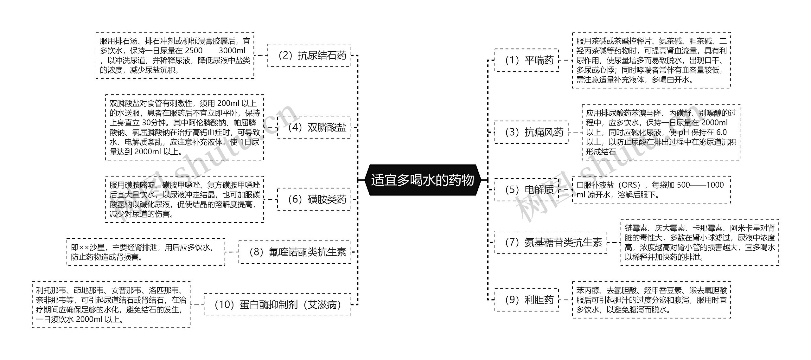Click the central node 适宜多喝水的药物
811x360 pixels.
coord(422,180)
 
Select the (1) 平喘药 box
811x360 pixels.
coord(527,60)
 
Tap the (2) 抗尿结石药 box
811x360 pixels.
coord(309,55)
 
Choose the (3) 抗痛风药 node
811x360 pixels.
coord(531,132)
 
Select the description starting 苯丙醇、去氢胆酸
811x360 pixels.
coord(651,300)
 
